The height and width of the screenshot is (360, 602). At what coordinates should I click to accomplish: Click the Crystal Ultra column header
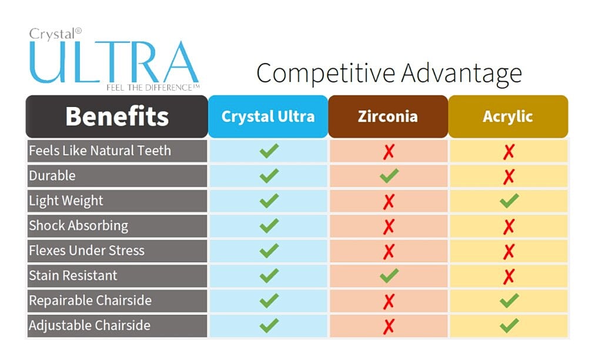coord(267,116)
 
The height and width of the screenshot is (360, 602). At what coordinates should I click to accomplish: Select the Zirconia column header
coord(388,116)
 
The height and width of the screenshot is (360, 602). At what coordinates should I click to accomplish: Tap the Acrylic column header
coord(508,116)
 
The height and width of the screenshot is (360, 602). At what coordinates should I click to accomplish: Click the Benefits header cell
coord(117,116)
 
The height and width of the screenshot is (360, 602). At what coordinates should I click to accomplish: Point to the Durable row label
coord(52,175)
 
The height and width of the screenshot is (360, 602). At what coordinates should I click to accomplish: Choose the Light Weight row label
coord(66,201)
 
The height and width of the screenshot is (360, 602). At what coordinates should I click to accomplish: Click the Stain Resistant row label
coord(73,275)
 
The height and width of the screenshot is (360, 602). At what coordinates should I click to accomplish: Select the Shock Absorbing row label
coord(78,225)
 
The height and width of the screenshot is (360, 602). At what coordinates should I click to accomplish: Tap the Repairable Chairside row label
coord(90,301)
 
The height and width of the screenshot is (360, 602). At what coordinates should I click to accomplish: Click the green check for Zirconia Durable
coord(389,175)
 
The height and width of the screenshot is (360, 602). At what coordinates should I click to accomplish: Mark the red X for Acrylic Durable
coord(509,176)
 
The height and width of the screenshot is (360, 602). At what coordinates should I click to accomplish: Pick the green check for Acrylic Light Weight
coord(509,201)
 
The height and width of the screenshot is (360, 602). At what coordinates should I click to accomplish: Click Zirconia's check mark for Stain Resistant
coord(389,275)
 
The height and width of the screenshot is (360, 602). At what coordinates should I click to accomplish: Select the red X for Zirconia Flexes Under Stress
coord(389,251)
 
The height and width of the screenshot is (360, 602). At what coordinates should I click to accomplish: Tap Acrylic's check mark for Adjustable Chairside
coord(509,325)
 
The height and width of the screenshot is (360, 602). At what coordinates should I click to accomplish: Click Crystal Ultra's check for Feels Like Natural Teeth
coord(269,151)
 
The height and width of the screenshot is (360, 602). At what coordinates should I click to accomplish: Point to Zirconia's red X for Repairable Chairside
coord(389,301)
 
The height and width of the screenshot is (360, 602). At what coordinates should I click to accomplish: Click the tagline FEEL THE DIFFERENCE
coord(149,88)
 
